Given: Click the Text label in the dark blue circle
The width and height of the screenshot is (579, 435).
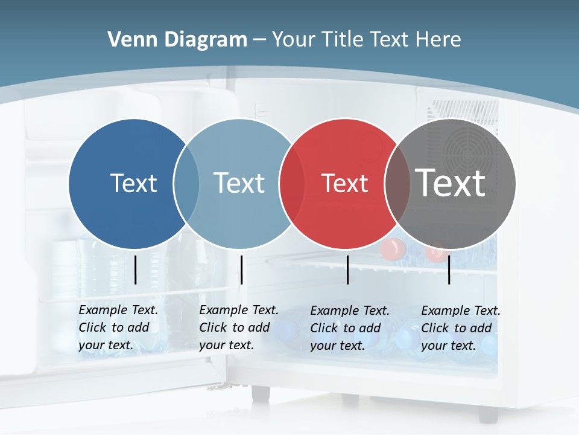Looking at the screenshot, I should (133, 183).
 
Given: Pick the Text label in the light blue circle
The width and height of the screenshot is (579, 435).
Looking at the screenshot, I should (239, 183).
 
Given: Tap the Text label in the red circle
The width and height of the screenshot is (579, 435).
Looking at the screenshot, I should (344, 184).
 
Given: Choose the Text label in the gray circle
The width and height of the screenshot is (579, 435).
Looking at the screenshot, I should (450, 182).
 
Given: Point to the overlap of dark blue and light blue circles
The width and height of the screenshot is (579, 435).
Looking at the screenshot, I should (186, 183).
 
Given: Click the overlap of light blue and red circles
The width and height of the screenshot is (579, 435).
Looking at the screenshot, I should (291, 183).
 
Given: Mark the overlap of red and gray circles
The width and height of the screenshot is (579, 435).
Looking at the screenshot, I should (397, 183).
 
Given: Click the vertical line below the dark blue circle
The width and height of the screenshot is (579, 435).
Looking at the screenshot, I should (136, 269).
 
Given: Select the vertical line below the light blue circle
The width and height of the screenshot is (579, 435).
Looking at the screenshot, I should (241, 269).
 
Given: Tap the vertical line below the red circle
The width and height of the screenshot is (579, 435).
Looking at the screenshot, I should (348, 269).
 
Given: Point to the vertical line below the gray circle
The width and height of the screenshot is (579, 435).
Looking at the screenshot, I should (449, 269).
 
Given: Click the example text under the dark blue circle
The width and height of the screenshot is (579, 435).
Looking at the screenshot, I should (118, 327).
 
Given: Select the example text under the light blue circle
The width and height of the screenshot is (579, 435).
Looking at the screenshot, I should (238, 327).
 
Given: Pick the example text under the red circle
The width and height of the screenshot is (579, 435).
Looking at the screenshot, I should (349, 328).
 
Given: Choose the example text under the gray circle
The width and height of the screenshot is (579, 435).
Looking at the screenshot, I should (460, 328).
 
